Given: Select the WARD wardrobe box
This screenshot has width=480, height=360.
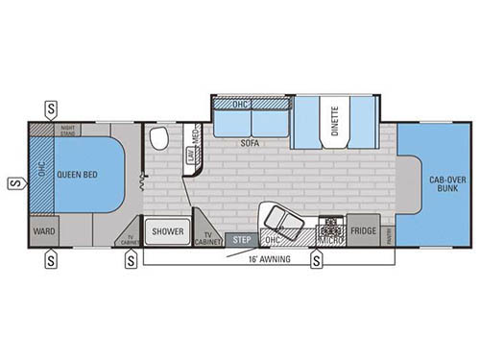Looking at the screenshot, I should [x=43, y=231].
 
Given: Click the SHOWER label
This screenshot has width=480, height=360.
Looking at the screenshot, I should [x=167, y=230].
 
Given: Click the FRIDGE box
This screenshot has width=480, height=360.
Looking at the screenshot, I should [x=363, y=231].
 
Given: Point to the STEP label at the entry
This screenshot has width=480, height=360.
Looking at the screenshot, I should [x=240, y=239].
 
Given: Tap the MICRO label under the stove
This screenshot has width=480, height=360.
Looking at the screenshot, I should [x=331, y=241].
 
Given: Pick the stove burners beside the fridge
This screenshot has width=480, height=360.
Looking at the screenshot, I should [x=331, y=228].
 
